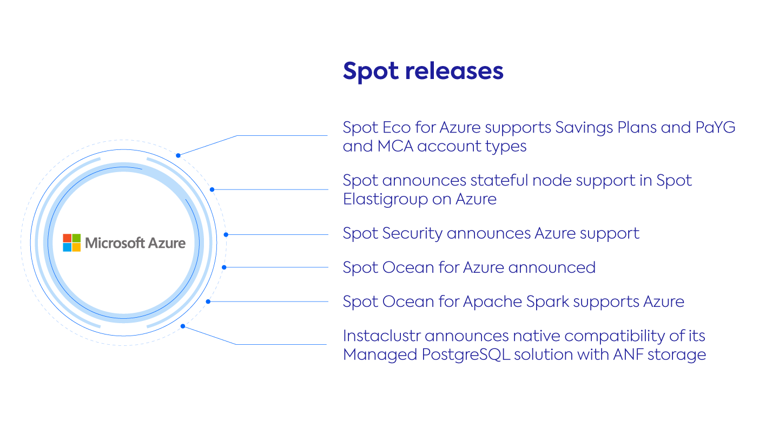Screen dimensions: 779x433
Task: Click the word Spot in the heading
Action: (x=371, y=72)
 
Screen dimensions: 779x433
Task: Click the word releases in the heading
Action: (x=454, y=71)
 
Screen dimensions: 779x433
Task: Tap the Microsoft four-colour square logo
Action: (x=71, y=242)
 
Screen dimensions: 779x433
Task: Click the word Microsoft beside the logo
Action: (x=115, y=243)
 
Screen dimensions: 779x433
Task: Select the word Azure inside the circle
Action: (x=167, y=243)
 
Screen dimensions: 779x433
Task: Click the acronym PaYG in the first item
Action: (x=715, y=127)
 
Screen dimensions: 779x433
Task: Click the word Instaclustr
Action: (x=381, y=336)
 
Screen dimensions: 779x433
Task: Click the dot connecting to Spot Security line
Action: (x=226, y=234)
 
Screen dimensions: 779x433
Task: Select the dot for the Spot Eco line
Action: (x=178, y=155)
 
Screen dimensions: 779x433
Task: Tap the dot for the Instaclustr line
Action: (x=183, y=326)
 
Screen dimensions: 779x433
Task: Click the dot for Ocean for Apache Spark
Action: (x=208, y=301)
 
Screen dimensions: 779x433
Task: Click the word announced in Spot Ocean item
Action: (x=552, y=268)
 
